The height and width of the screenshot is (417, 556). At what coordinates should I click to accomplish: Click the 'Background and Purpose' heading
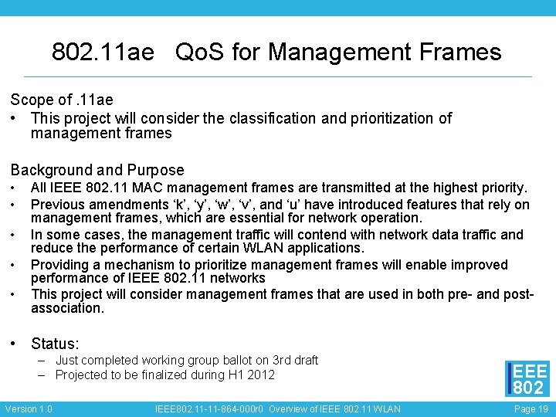pos(97,170)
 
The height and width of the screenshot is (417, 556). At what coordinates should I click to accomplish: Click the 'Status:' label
pos(55,344)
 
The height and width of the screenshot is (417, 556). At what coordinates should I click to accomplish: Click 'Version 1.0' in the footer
pos(29,409)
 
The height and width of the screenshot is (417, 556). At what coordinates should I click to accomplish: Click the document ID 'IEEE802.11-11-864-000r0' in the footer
pos(210,409)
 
